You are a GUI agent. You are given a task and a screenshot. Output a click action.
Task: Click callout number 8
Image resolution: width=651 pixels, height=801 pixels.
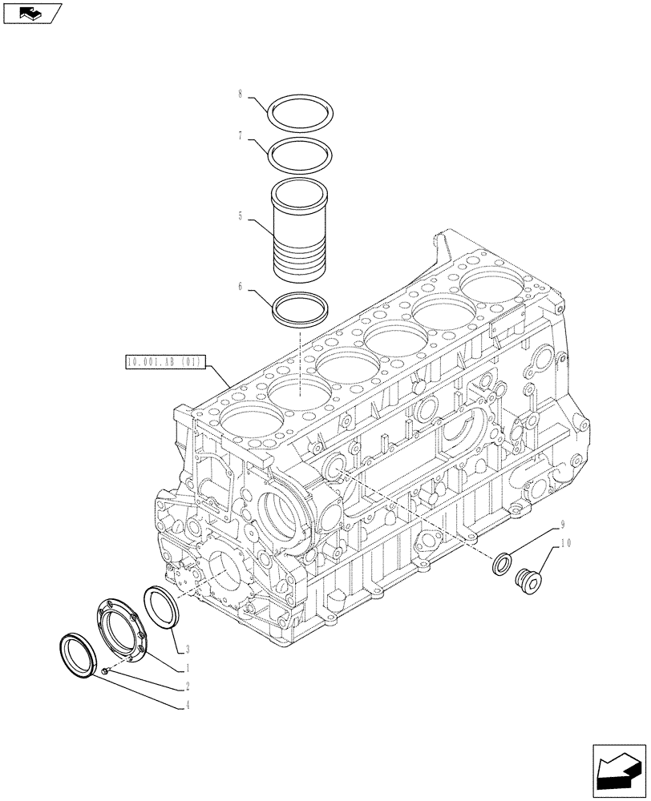click(x=240, y=95)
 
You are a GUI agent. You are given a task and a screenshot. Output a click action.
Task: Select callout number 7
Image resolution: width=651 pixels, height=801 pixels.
click(x=240, y=137)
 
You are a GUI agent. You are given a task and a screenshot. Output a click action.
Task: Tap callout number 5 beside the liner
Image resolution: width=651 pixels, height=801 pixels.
click(x=240, y=217)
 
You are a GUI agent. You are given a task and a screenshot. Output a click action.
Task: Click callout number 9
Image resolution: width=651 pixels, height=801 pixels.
click(x=562, y=525)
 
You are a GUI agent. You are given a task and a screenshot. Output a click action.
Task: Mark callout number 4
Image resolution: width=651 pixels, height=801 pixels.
click(x=186, y=706)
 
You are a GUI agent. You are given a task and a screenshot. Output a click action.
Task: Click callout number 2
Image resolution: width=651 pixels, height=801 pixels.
click(x=186, y=686)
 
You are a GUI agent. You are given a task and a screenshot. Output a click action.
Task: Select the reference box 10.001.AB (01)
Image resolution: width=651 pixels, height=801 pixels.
click(x=166, y=363)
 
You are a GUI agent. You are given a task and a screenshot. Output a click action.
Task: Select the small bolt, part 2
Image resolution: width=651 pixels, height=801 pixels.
click(x=107, y=669)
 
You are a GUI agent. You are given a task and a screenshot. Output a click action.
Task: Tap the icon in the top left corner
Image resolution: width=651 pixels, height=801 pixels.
click(x=32, y=12)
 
